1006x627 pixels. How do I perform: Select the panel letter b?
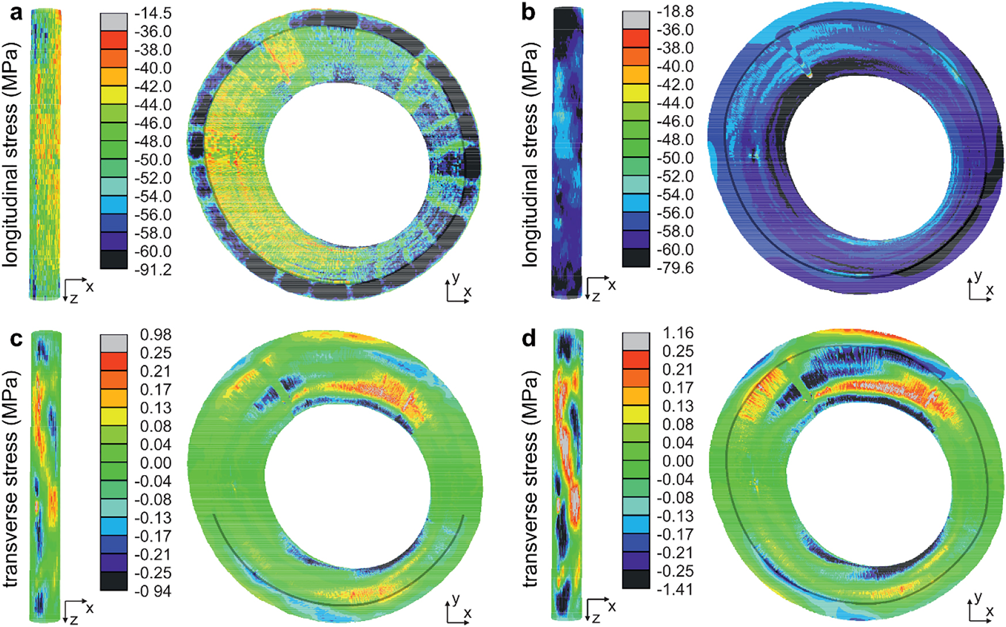click(528, 12)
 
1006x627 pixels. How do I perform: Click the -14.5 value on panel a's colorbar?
click(153, 13)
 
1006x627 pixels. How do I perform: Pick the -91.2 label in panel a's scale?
click(153, 270)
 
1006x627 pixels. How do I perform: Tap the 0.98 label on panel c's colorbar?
click(155, 335)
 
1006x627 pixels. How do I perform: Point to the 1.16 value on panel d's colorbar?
click(677, 333)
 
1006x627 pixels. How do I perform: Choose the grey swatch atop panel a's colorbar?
click(114, 22)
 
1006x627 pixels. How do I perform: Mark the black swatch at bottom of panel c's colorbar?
click(114, 582)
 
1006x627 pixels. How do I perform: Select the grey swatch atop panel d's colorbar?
click(636, 342)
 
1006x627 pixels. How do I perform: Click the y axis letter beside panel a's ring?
click(456, 278)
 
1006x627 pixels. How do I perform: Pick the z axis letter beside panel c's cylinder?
click(74, 619)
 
